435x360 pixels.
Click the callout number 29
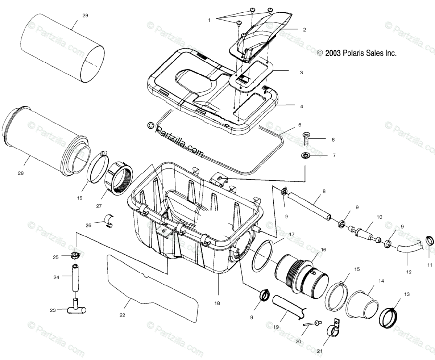(x=85, y=16)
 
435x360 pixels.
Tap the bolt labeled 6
(x=305, y=139)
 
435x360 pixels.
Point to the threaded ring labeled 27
(x=118, y=178)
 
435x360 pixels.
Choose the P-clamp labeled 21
(x=332, y=328)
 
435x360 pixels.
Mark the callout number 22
(x=122, y=315)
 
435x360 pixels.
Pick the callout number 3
(x=301, y=72)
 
